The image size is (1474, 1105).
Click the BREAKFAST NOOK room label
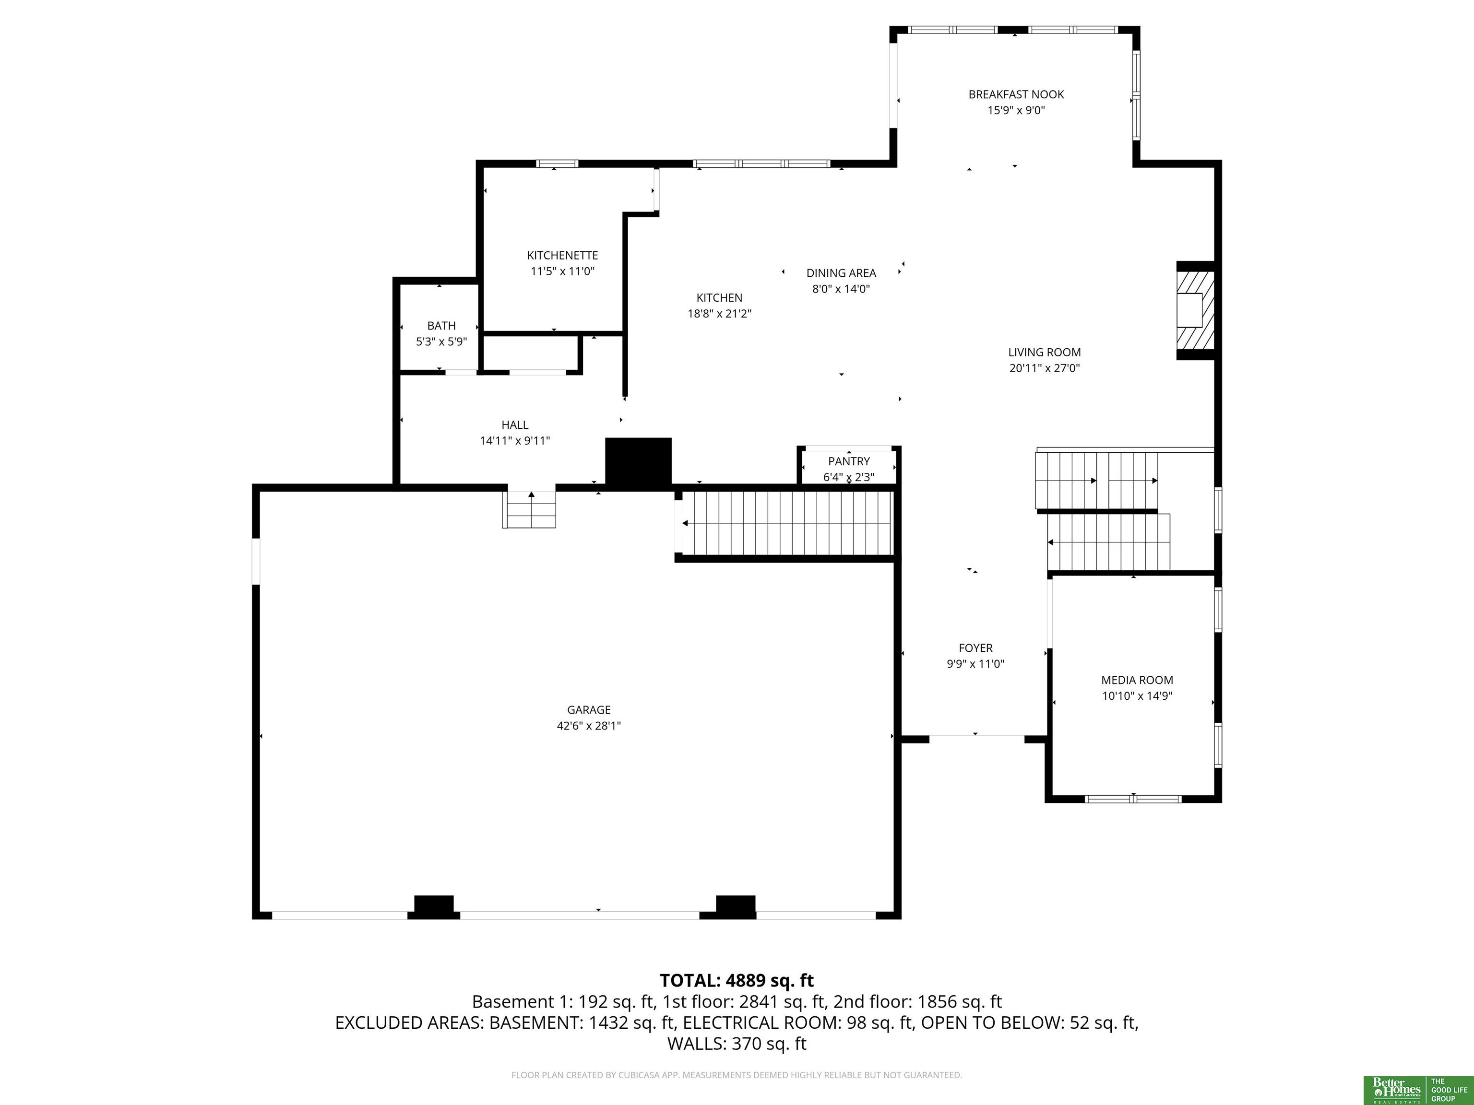1016,94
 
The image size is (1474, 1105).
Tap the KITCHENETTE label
562,256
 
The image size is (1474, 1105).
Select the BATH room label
441,326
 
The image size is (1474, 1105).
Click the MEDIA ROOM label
1137,680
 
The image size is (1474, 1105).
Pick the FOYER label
975,648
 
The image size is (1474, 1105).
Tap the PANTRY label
849,461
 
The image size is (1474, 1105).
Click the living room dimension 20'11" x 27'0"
1044,368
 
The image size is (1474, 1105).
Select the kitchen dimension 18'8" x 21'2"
720,314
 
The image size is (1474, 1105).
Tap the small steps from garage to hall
529,509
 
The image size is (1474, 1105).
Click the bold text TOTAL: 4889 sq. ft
737,980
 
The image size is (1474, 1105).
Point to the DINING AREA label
841,273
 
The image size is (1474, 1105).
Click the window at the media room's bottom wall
1133,799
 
